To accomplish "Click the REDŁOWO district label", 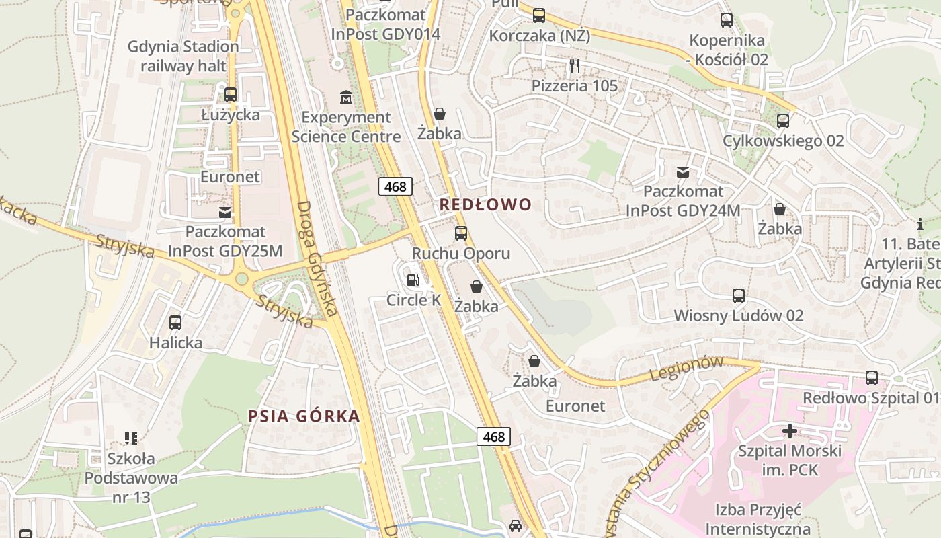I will coord(485,204).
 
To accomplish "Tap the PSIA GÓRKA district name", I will coord(304,416).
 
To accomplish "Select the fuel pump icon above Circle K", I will coord(413,280).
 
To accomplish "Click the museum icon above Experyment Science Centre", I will coord(346,98).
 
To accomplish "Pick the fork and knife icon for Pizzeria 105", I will coord(574,66).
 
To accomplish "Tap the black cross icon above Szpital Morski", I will coord(790,430).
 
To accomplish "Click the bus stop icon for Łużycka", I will coord(231,95).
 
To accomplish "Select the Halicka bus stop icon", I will coord(175,323).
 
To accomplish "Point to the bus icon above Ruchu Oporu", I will coord(461,233).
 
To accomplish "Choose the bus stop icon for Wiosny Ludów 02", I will coord(739,296).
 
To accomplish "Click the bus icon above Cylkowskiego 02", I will coord(783,121).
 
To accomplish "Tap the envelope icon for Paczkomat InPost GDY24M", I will coord(683,172).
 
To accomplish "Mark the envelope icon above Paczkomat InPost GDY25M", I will coord(225,213).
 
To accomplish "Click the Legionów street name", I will coord(686,368).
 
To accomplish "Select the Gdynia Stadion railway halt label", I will coord(183,56).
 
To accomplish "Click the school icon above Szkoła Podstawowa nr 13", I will coord(131,438).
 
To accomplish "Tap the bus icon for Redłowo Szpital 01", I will coord(872,378).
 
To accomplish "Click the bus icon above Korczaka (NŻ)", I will coord(539,15).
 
